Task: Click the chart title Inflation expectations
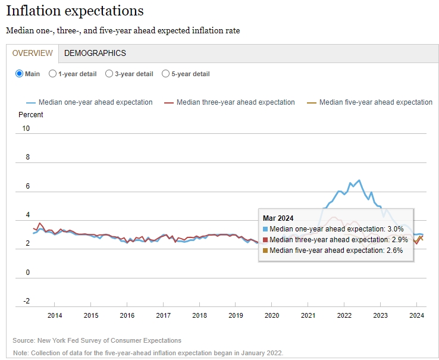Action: click(74, 11)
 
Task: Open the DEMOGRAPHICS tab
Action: click(95, 53)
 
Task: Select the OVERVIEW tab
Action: click(33, 53)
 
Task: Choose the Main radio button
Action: click(20, 74)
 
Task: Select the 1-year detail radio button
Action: click(53, 74)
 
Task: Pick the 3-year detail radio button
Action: click(109, 74)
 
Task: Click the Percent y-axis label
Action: click(31, 114)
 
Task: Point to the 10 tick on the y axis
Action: click(26, 129)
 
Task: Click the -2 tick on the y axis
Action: click(26, 301)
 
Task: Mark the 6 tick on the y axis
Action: click(26, 186)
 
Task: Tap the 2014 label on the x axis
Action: click(55, 315)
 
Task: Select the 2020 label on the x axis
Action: click(272, 315)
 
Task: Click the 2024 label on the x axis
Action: click(416, 315)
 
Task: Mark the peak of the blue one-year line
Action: click(359, 180)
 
